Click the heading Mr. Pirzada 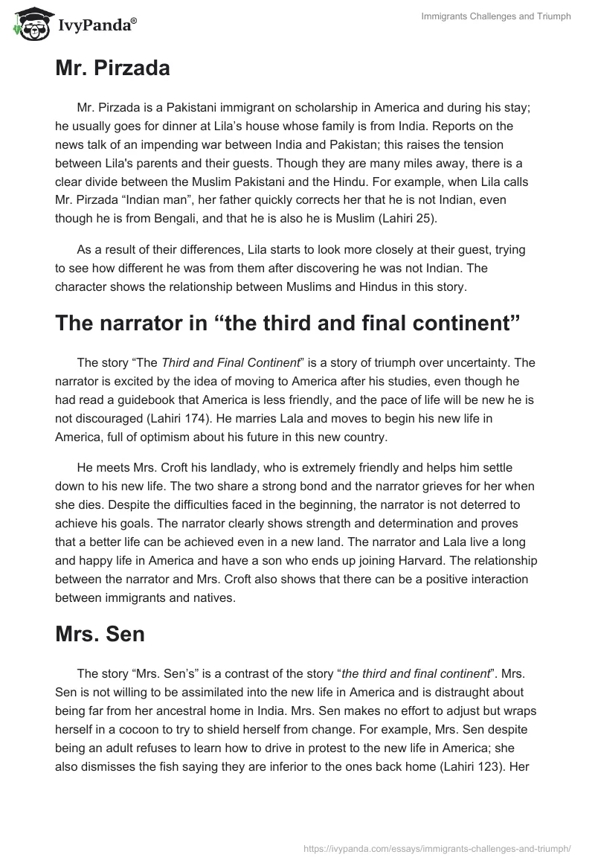pyautogui.click(x=112, y=68)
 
